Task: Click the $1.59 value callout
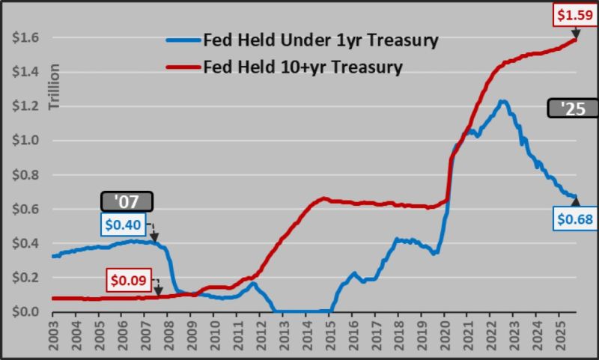point(574,14)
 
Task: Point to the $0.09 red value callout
point(130,280)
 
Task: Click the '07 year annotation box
point(127,201)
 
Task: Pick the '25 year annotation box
point(573,109)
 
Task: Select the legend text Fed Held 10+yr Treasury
point(302,67)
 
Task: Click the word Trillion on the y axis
point(54,88)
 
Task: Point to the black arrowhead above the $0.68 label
point(576,200)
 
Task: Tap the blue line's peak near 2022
point(502,101)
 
